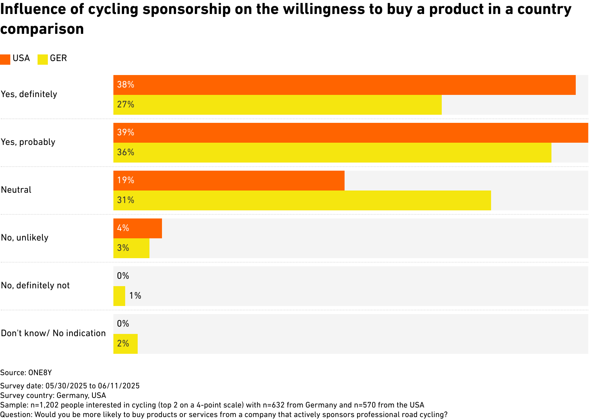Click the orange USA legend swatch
tap(5, 59)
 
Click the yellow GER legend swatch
tap(43, 59)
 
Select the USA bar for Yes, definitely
tap(344, 85)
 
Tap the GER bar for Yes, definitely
tap(277, 105)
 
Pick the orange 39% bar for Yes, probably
tap(350, 133)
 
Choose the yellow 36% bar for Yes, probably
tap(332, 153)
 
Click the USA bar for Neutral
tap(229, 181)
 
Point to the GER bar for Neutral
tap(302, 200)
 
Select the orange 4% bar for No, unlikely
tap(137, 228)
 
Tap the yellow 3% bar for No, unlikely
tap(131, 248)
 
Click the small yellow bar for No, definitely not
tap(119, 296)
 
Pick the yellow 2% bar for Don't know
tap(125, 344)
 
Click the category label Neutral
tap(16, 190)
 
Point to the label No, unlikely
tap(25, 238)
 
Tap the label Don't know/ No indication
tap(53, 333)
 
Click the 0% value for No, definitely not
tap(123, 276)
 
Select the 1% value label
tap(135, 296)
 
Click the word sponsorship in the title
tap(187, 10)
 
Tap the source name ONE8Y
tap(40, 373)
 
